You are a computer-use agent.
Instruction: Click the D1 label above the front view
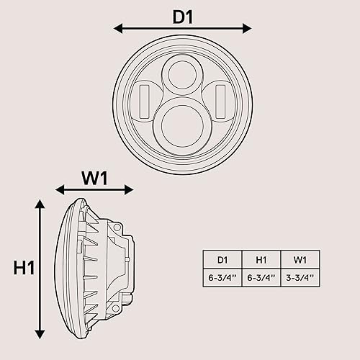pos(183,16)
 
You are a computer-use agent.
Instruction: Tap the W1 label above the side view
pos(94,177)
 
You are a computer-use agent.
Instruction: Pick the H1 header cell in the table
pos(261,259)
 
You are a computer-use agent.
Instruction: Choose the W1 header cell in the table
pos(298,259)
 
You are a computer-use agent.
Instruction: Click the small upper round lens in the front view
pos(178,74)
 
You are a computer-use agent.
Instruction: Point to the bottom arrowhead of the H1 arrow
pos(40,334)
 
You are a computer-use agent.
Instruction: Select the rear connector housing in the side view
pos(124,266)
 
